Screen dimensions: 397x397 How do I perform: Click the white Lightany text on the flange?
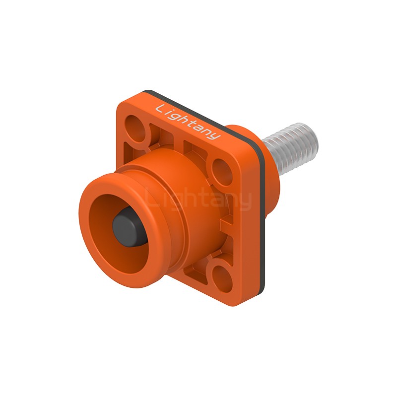click(x=188, y=122)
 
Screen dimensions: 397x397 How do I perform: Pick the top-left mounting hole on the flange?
click(x=137, y=129)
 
